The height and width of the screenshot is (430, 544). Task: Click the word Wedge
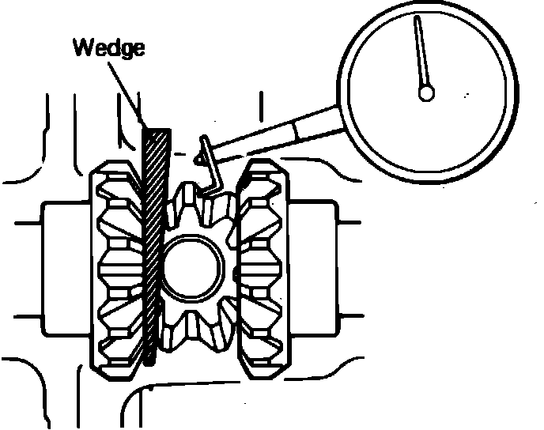pyautogui.click(x=109, y=48)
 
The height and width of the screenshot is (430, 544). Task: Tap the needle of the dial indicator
pyautogui.click(x=421, y=55)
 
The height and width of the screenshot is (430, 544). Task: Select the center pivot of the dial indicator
pyautogui.click(x=426, y=93)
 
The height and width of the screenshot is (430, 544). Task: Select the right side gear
pyautogui.click(x=265, y=269)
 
